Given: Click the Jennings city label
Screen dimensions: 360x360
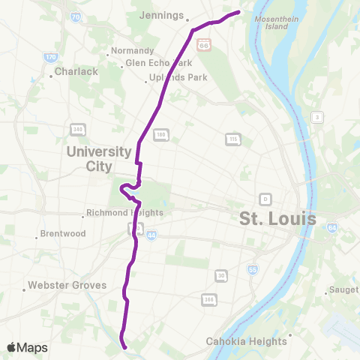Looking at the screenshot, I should (x=162, y=15).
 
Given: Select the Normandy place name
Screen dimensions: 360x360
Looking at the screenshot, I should (x=132, y=51).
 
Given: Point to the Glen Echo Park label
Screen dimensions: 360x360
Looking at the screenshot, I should (x=160, y=63).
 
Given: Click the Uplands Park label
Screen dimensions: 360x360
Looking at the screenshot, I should (x=175, y=77).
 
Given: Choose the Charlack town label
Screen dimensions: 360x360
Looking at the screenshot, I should (x=77, y=72).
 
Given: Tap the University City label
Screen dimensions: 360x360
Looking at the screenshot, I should (x=100, y=158).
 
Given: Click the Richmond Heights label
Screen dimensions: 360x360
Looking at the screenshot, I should (x=124, y=212).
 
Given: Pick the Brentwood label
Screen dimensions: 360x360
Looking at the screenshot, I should (x=63, y=234).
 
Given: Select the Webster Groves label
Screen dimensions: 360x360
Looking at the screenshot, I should (x=67, y=286).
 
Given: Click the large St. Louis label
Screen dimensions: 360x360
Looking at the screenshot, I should (x=277, y=219).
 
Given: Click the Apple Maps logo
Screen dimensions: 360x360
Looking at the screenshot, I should (x=27, y=347).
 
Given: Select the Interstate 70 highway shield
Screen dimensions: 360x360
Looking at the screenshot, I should (x=75, y=16).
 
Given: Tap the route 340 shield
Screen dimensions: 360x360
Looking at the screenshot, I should (x=78, y=129).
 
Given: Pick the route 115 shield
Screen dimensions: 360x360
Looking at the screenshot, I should (x=233, y=139).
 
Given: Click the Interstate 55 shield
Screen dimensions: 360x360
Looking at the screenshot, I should (x=252, y=268).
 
